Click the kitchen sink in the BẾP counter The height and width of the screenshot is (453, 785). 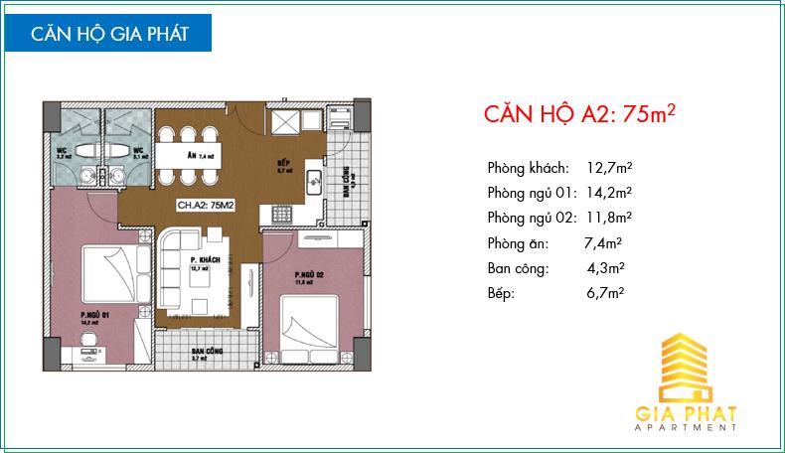(313, 182)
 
